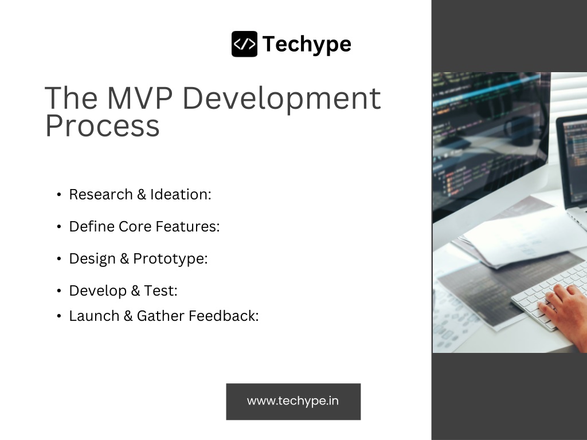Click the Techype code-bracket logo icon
244,44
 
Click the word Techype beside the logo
307,45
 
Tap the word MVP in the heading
140,98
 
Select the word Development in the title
282,99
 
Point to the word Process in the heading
103,126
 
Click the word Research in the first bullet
101,195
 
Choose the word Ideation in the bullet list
181,195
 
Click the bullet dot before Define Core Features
59,227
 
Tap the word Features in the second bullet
187,226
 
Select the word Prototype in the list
170,259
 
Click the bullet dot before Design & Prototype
59,259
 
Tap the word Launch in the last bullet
95,316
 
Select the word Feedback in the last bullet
224,316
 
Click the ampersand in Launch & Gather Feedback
128,316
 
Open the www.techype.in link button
293,402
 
